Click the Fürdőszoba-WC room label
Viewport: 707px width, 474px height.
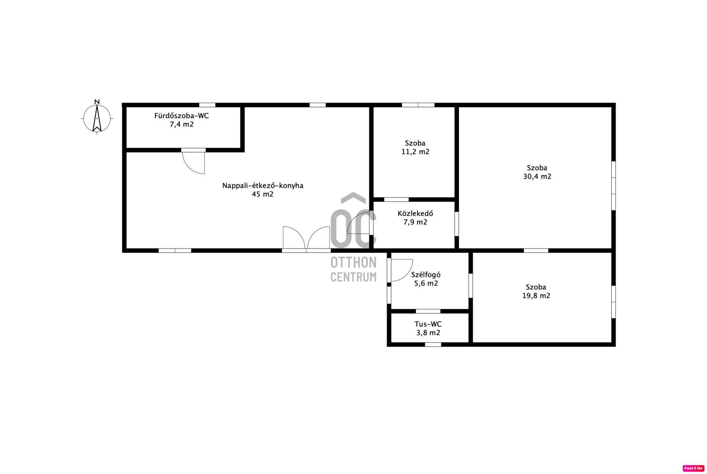[x=182, y=116]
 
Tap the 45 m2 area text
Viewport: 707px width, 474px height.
[x=263, y=194]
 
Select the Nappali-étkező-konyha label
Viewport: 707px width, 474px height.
[x=263, y=186]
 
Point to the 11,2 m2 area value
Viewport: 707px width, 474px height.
[x=415, y=152]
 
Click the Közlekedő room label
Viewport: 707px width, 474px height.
[x=415, y=213]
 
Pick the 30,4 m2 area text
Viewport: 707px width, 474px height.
[x=537, y=176]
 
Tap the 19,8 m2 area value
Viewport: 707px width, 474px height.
[x=536, y=296]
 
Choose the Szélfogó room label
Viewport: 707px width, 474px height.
[x=426, y=275]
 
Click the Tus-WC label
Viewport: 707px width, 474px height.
[x=428, y=324]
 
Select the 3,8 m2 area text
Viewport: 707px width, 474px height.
[x=428, y=333]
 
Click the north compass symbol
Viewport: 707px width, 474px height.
[x=97, y=119]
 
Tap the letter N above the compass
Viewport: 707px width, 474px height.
[x=97, y=102]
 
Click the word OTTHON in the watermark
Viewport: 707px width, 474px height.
[x=353, y=263]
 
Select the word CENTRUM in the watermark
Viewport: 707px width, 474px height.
[x=353, y=277]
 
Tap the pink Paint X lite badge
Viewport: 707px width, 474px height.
[x=693, y=468]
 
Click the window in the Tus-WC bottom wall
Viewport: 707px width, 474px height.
[x=433, y=345]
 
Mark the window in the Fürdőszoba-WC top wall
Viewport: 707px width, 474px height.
[x=207, y=105]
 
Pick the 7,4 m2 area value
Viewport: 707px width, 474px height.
[x=182, y=124]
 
